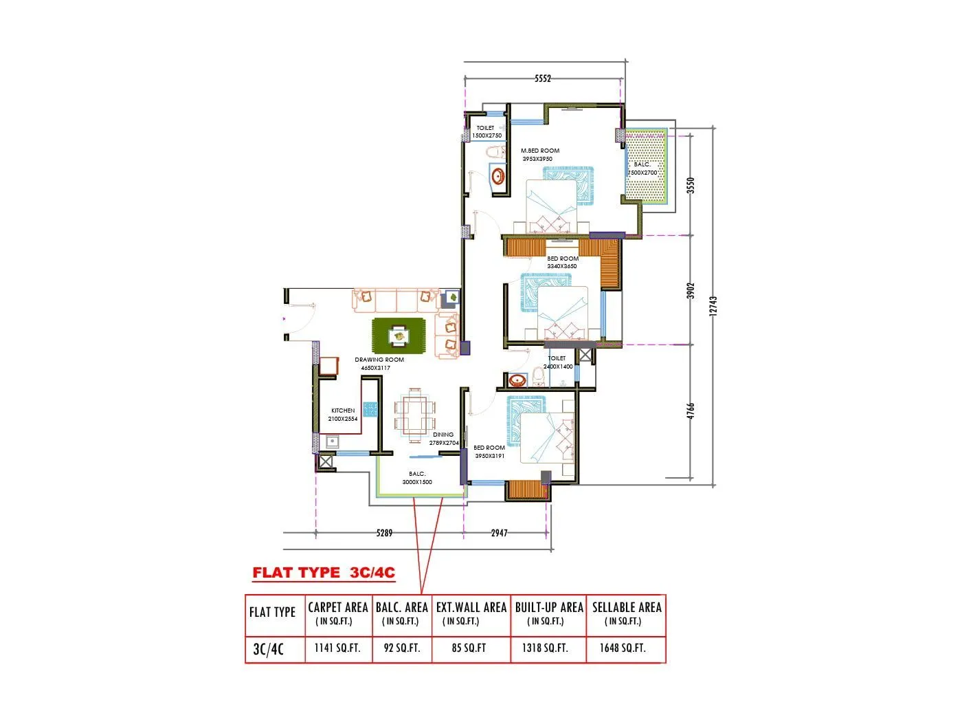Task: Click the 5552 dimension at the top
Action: [543, 78]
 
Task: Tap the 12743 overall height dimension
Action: [713, 306]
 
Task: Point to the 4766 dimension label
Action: [691, 411]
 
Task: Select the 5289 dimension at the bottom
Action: [385, 533]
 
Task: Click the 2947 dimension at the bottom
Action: [499, 533]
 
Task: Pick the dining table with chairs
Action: [414, 415]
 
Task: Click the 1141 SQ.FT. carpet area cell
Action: [337, 648]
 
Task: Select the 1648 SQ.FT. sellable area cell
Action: [623, 648]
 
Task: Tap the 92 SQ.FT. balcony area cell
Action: [401, 648]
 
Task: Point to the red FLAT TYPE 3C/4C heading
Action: [324, 573]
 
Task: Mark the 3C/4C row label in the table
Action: [269, 648]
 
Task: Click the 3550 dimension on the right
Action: [691, 185]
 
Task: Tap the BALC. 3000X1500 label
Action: [417, 478]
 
